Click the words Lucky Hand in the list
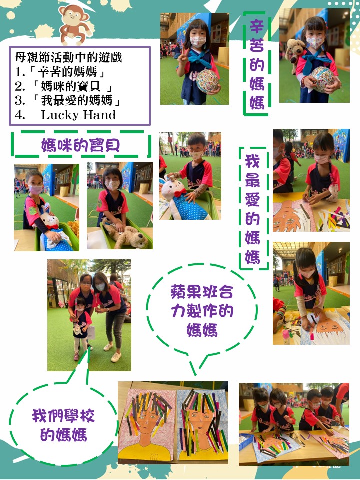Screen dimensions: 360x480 pos(78,115)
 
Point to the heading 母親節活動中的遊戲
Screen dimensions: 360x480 pos(69,57)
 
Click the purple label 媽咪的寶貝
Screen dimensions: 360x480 pos(80,145)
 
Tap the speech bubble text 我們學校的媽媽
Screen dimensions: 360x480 pos(63,425)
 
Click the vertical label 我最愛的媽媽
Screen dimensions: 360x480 pos(253,209)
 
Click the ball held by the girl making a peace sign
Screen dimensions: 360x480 pos(207,81)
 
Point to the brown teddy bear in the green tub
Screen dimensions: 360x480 pos(126,235)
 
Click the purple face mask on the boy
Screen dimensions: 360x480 pos(36,190)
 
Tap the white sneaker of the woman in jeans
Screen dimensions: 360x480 pos(116,357)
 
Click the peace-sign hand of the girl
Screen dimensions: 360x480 pos(183,56)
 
